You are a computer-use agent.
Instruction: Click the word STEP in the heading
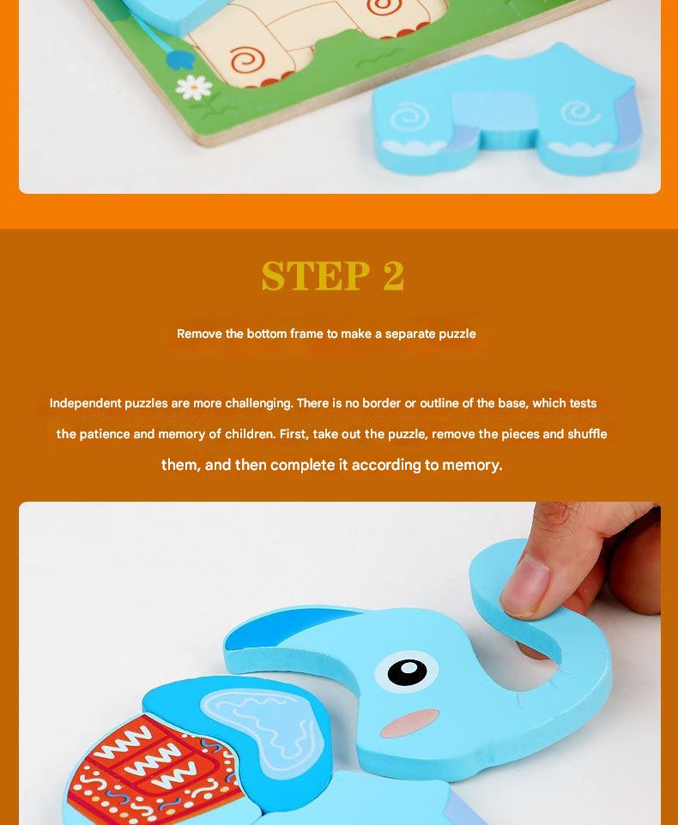pos(315,276)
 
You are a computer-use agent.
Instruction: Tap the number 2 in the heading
pos(393,276)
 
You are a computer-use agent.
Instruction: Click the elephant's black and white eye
pos(406,671)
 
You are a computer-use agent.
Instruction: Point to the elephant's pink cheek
pos(409,722)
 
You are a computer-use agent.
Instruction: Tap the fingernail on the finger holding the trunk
pos(525,587)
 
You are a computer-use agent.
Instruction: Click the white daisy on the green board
pos(193,86)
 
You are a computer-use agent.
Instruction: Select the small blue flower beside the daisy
pos(179,59)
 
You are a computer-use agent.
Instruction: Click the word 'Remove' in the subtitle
pos(199,334)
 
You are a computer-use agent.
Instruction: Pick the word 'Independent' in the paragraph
pos(85,403)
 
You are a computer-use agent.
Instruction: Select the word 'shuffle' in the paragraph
pos(586,434)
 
